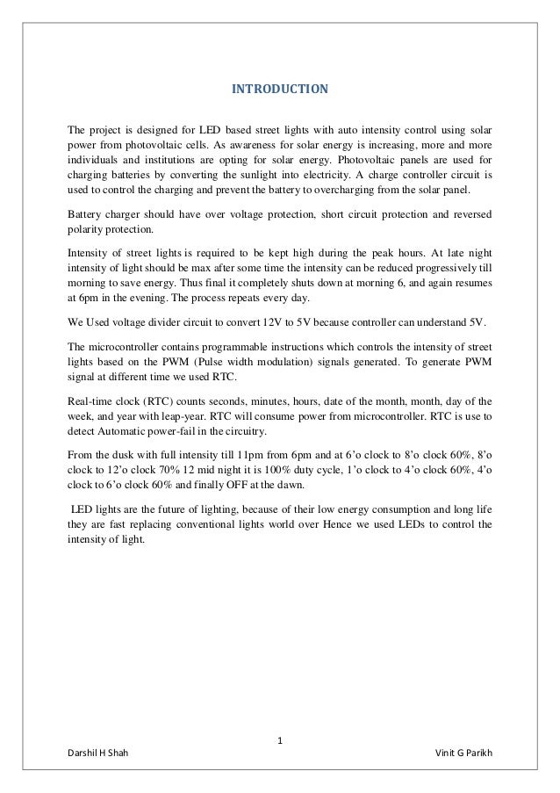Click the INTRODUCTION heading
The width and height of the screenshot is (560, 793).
pos(279,90)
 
